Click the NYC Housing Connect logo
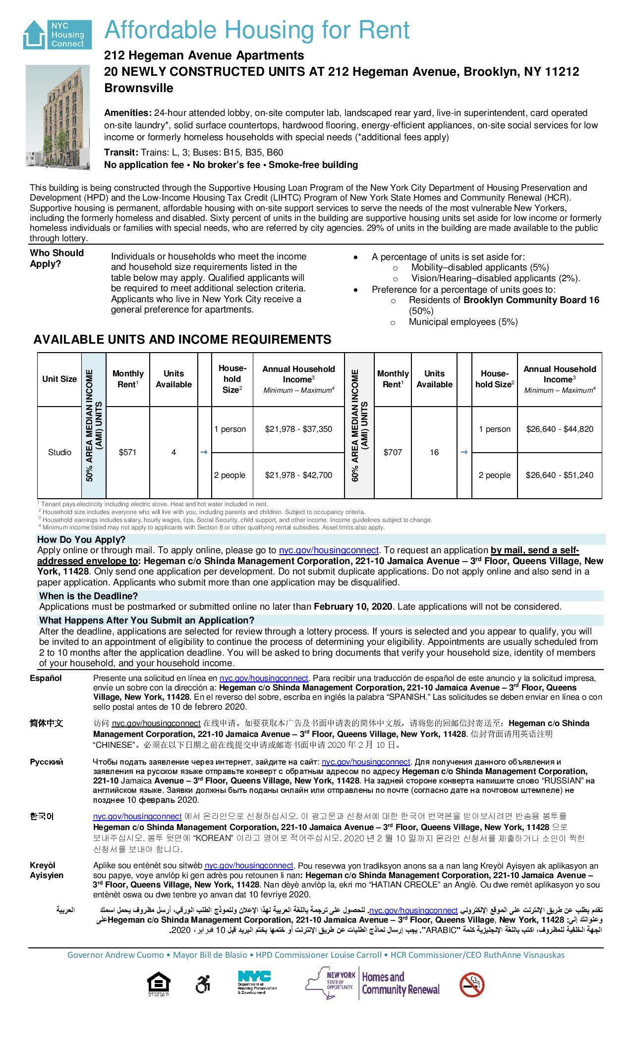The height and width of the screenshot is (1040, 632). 57,35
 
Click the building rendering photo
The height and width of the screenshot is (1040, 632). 57,117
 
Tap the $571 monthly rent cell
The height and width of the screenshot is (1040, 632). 128,452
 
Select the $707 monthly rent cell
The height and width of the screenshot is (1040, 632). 393,452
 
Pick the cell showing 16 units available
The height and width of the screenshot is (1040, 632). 434,452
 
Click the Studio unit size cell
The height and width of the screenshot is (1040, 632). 59,452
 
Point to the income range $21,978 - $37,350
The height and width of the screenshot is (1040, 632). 298,429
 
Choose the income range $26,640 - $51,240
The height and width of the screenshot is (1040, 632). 560,475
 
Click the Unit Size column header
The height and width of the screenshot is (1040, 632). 59,379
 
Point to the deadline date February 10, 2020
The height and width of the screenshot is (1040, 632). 353,607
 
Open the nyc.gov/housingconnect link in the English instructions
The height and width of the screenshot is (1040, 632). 329,550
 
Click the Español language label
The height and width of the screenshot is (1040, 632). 46,678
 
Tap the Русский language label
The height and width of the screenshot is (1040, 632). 47,762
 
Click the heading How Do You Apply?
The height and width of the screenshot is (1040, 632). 81,539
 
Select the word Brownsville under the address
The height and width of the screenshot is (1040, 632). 139,88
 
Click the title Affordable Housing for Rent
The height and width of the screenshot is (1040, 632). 257,30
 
